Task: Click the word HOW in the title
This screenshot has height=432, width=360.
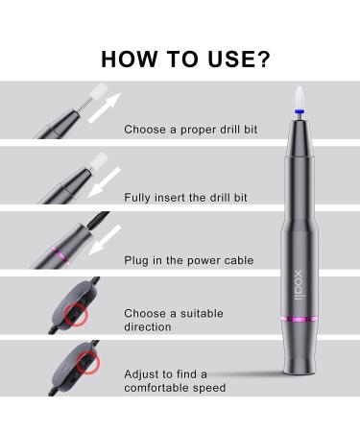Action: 129,59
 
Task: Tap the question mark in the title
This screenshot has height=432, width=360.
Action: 263,59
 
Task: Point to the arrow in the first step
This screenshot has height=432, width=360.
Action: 105,108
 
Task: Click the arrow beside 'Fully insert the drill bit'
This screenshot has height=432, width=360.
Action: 105,182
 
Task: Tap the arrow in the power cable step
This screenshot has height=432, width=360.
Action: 105,240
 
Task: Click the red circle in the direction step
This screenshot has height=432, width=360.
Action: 76,315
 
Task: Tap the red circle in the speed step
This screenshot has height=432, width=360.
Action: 88,363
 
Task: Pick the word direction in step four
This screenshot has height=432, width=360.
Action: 148,326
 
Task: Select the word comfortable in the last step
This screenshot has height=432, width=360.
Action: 156,388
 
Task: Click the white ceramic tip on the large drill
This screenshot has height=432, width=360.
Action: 299,97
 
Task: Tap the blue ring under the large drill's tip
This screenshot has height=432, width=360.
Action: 300,111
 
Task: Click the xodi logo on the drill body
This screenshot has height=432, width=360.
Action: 299,285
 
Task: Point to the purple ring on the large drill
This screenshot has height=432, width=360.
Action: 299,319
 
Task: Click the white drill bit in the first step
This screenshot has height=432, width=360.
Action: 99,92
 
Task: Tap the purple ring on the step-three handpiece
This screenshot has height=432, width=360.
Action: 59,252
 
